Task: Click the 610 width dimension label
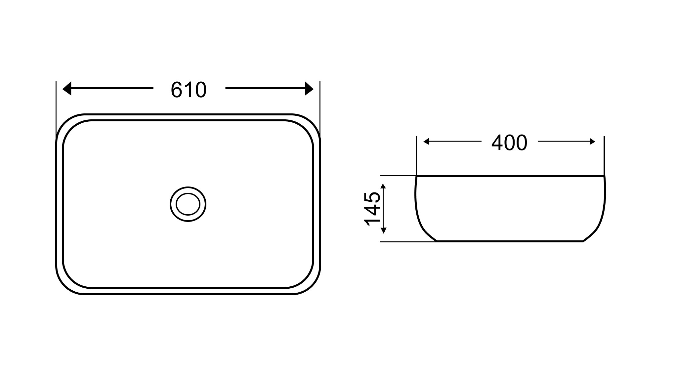(189, 90)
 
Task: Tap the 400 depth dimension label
(509, 143)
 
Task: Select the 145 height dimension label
(372, 209)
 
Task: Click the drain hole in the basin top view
(188, 204)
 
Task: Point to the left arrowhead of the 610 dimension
(67, 88)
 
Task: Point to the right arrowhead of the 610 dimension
(309, 88)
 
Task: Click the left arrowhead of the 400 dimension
(426, 142)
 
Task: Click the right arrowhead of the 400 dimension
(592, 142)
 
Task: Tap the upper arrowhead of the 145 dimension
(384, 186)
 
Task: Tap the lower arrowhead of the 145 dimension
(384, 230)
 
